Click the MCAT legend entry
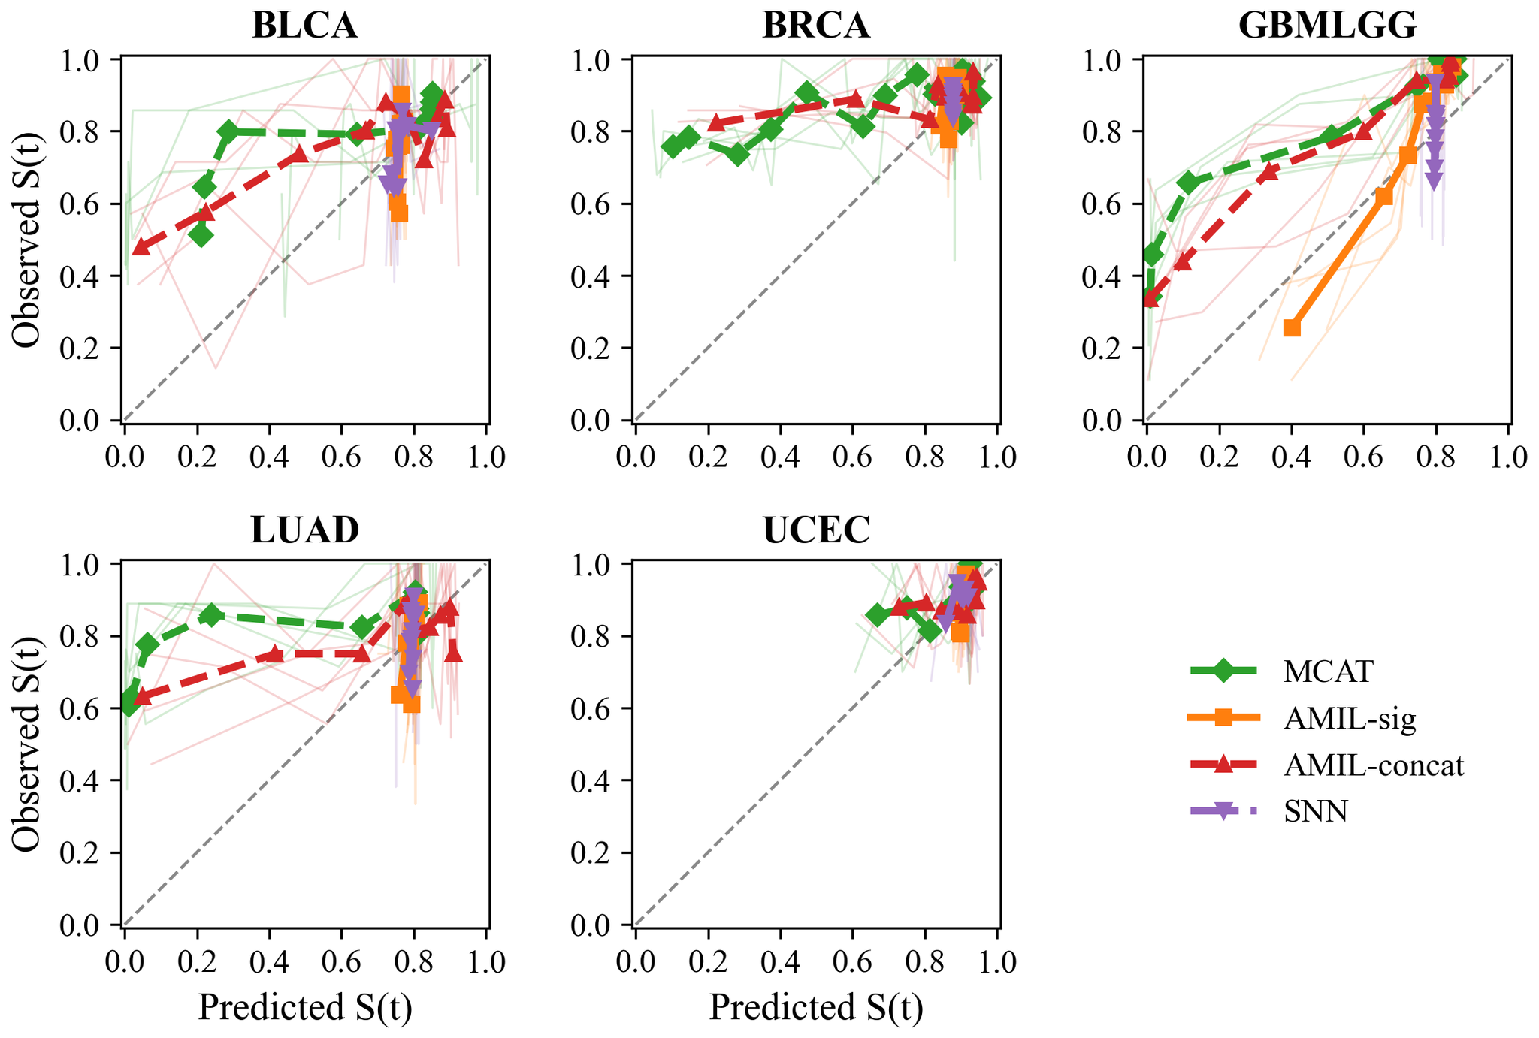click(1328, 671)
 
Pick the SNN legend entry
click(1315, 811)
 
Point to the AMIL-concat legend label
click(1374, 765)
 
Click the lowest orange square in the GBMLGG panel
click(1292, 327)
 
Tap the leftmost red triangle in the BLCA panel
click(140, 246)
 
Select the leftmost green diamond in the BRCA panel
click(673, 146)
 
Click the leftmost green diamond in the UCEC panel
click(876, 615)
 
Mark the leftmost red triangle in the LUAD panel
click(141, 697)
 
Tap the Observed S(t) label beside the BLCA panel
click(26, 239)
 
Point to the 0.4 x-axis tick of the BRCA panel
click(780, 457)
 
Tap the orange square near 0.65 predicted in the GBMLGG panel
click(1383, 196)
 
